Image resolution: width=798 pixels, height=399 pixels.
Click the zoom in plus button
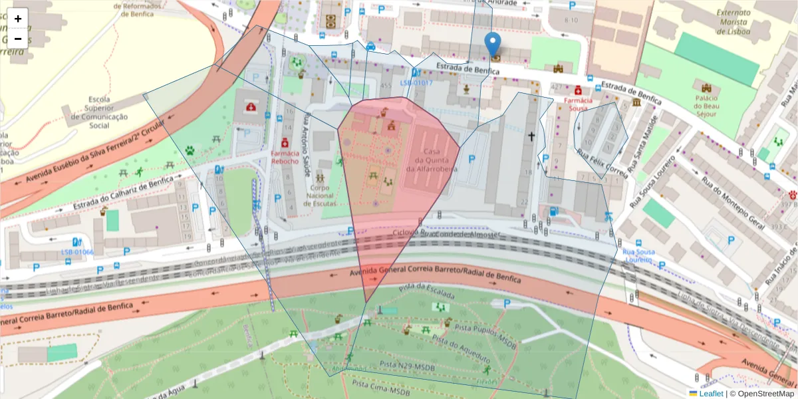(18, 19)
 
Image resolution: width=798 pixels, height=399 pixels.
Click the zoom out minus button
(18, 38)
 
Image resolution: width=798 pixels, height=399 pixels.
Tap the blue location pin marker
(492, 44)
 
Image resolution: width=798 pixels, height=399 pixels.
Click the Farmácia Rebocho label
(285, 157)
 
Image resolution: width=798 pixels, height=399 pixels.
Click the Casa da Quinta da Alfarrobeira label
(436, 160)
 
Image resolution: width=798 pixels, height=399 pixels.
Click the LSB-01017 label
(416, 83)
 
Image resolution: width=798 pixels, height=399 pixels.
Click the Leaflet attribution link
(711, 394)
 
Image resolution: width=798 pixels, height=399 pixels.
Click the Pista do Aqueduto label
(460, 348)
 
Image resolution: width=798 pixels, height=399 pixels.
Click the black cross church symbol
(531, 136)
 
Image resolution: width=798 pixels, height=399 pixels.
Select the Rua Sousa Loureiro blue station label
(638, 256)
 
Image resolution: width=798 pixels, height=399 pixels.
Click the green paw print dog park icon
(190, 151)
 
